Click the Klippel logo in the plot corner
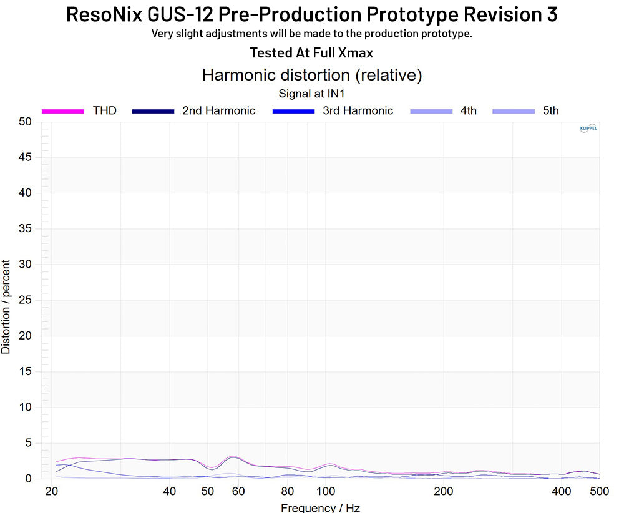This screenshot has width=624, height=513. (588, 129)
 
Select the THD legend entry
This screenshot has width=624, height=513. (104, 111)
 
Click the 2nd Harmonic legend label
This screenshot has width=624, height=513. (218, 111)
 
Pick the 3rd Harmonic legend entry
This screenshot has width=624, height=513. (358, 111)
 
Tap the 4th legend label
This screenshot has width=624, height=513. (468, 111)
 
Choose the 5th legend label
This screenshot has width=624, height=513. (550, 111)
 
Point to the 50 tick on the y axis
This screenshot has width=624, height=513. (24, 122)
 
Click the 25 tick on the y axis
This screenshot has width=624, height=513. (24, 300)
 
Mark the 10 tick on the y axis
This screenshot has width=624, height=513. (24, 408)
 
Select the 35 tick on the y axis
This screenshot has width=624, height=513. (24, 229)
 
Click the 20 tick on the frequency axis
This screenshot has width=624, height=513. (51, 491)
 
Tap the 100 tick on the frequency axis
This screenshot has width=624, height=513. (325, 491)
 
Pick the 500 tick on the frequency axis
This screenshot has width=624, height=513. (600, 491)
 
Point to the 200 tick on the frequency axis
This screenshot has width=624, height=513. (443, 491)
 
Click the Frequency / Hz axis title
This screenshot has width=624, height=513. (320, 507)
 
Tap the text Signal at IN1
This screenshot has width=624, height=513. (311, 94)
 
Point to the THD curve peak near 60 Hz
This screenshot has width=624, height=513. (232, 457)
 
